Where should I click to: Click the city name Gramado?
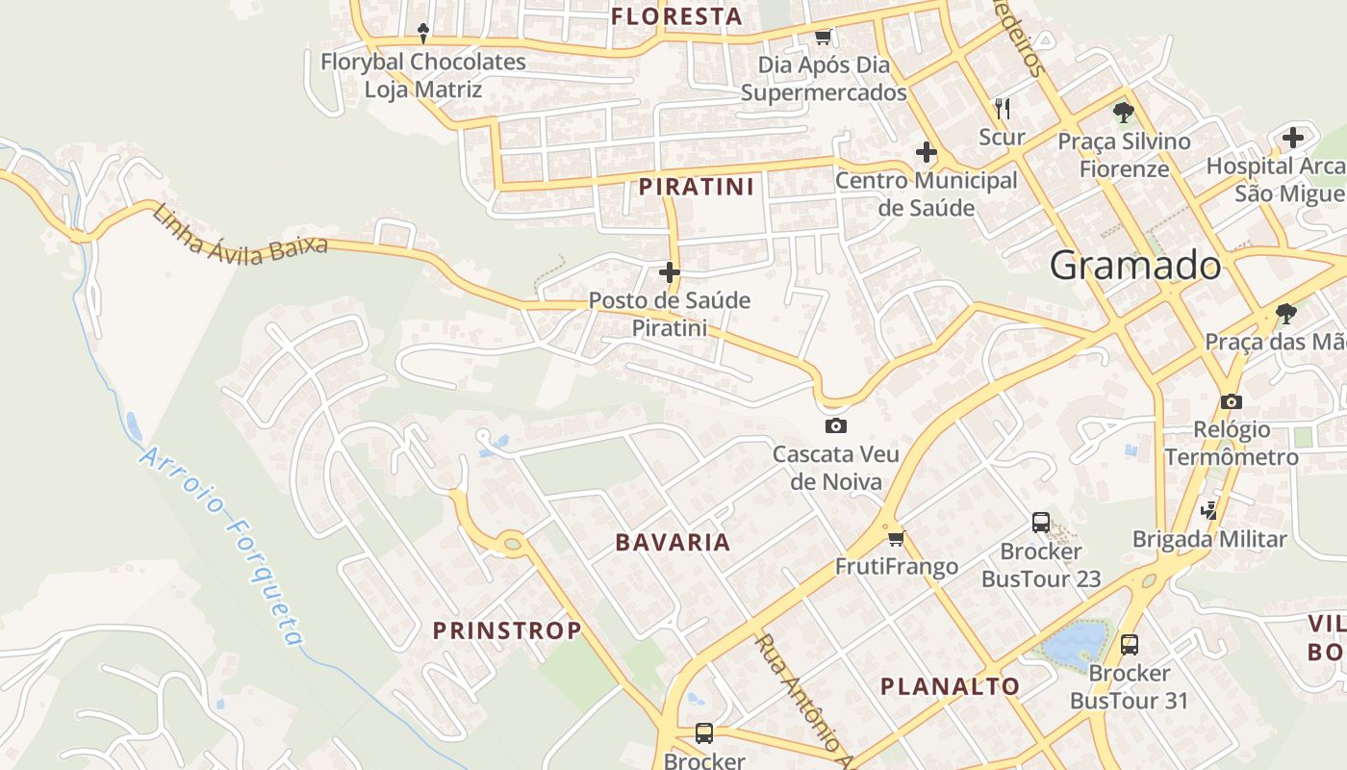pyautogui.click(x=1135, y=265)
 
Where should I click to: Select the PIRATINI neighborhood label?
pyautogui.click(x=697, y=186)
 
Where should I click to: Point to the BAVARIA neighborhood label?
pyautogui.click(x=673, y=542)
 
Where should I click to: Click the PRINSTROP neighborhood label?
pyautogui.click(x=507, y=630)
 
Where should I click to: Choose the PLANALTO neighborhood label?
pyautogui.click(x=951, y=686)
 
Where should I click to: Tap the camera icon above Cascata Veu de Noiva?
pyautogui.click(x=836, y=425)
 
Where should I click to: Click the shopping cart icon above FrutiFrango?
pyautogui.click(x=897, y=538)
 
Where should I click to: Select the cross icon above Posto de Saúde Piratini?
pyautogui.click(x=670, y=273)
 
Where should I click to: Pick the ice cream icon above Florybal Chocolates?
pyautogui.click(x=423, y=34)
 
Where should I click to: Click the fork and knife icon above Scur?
pyautogui.click(x=1003, y=107)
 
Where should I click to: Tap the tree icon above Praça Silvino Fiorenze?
pyautogui.click(x=1123, y=113)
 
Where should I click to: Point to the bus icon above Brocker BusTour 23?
pyautogui.click(x=1041, y=523)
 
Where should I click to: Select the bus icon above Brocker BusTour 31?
pyautogui.click(x=1130, y=645)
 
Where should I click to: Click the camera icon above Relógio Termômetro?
pyautogui.click(x=1231, y=401)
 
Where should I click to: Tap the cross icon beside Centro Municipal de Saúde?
pyautogui.click(x=927, y=152)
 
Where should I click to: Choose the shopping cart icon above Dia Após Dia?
pyautogui.click(x=823, y=38)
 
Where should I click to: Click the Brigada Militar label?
pyautogui.click(x=1209, y=539)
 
